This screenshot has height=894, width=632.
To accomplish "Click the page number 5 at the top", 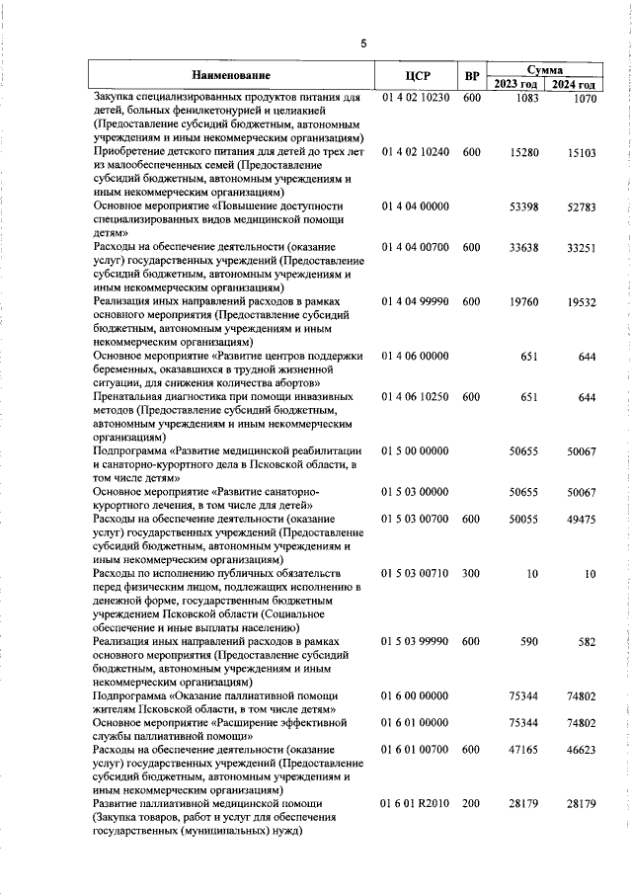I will click(363, 43).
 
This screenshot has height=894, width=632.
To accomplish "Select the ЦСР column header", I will click(415, 76).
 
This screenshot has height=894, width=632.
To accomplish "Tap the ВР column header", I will click(472, 76).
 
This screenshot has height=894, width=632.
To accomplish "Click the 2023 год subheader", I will click(518, 85).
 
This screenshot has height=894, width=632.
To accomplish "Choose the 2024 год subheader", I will click(574, 85).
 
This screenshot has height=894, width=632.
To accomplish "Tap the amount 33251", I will click(581, 248).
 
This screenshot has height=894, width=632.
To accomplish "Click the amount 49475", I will click(581, 520).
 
